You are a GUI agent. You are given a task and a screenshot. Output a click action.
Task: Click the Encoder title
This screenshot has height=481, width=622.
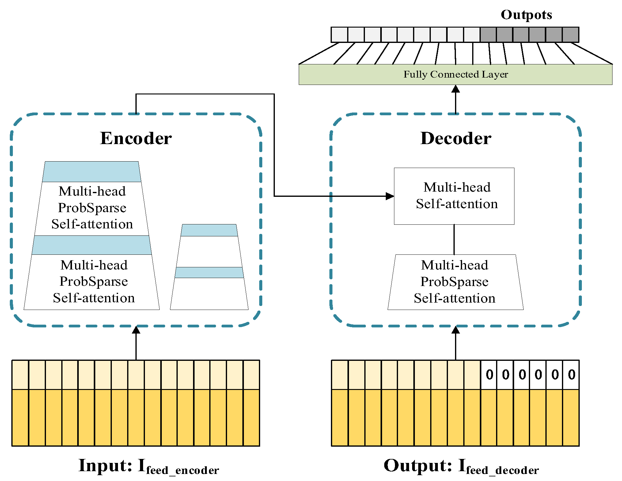pyautogui.click(x=136, y=138)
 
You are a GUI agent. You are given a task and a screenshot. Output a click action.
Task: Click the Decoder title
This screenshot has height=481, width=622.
pyautogui.click(x=456, y=138)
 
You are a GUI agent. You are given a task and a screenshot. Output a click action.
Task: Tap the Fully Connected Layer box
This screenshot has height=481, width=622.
pyautogui.click(x=455, y=74)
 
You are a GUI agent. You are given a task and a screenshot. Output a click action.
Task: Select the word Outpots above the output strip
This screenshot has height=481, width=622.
pyautogui.click(x=526, y=15)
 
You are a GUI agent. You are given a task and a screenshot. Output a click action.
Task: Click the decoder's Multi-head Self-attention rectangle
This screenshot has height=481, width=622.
pyautogui.click(x=454, y=196)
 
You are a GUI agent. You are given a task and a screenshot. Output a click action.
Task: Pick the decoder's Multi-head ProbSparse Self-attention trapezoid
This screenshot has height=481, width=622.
pyautogui.click(x=455, y=282)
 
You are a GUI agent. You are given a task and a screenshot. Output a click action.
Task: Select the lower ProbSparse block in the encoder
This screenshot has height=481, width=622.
pyautogui.click(x=93, y=282)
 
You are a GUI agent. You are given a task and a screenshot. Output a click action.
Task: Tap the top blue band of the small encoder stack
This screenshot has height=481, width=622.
pyautogui.click(x=209, y=230)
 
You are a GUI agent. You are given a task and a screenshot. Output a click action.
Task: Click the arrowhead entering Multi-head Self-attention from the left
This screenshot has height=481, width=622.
pyautogui.click(x=390, y=196)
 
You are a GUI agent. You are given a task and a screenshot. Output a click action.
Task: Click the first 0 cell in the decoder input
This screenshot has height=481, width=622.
pyautogui.click(x=489, y=375)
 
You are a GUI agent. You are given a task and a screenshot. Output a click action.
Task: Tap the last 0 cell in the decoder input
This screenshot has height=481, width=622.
pyautogui.click(x=571, y=375)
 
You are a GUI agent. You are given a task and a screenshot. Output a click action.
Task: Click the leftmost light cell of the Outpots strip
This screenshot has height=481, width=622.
pyautogui.click(x=339, y=35)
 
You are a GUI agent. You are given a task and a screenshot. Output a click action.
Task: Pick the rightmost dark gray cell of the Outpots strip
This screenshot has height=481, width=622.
pyautogui.click(x=571, y=35)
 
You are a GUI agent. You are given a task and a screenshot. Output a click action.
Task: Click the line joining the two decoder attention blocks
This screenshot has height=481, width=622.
pyautogui.click(x=454, y=239)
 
